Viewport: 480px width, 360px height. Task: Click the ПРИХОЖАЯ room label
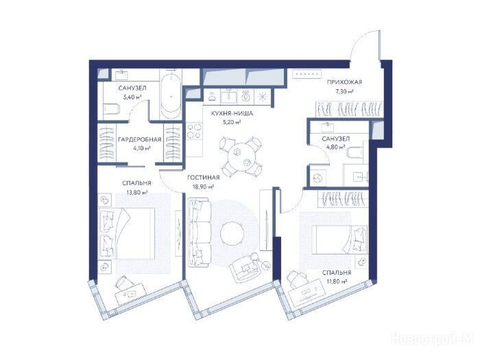pyautogui.click(x=345, y=82)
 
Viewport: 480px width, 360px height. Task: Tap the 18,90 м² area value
pyautogui.click(x=203, y=187)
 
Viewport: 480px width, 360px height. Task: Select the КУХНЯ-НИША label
pyautogui.click(x=232, y=114)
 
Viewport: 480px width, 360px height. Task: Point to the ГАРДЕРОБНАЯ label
pyautogui.click(x=140, y=140)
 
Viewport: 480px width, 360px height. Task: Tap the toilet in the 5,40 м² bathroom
pyautogui.click(x=111, y=109)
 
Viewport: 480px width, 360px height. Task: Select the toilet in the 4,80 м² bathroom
pyautogui.click(x=355, y=152)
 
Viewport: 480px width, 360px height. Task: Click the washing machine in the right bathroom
pyautogui.click(x=317, y=177)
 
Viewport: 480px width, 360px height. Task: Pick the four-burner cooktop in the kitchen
pyautogui.click(x=194, y=131)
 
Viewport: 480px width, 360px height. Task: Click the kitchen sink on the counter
pyautogui.click(x=229, y=96)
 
